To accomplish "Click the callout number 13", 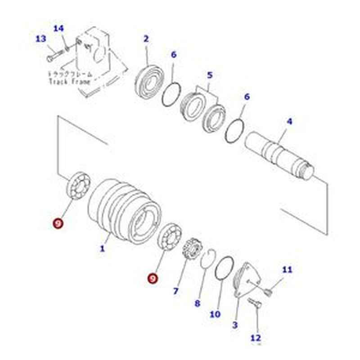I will tap(41, 39).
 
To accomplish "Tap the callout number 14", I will tap(59, 29).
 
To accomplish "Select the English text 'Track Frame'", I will tap(69, 82).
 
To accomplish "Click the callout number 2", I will tap(146, 39).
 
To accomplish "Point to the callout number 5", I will tap(210, 75).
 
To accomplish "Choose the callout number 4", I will tap(289, 121).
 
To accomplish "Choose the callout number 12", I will tap(256, 337).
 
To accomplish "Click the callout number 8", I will tap(197, 303).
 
